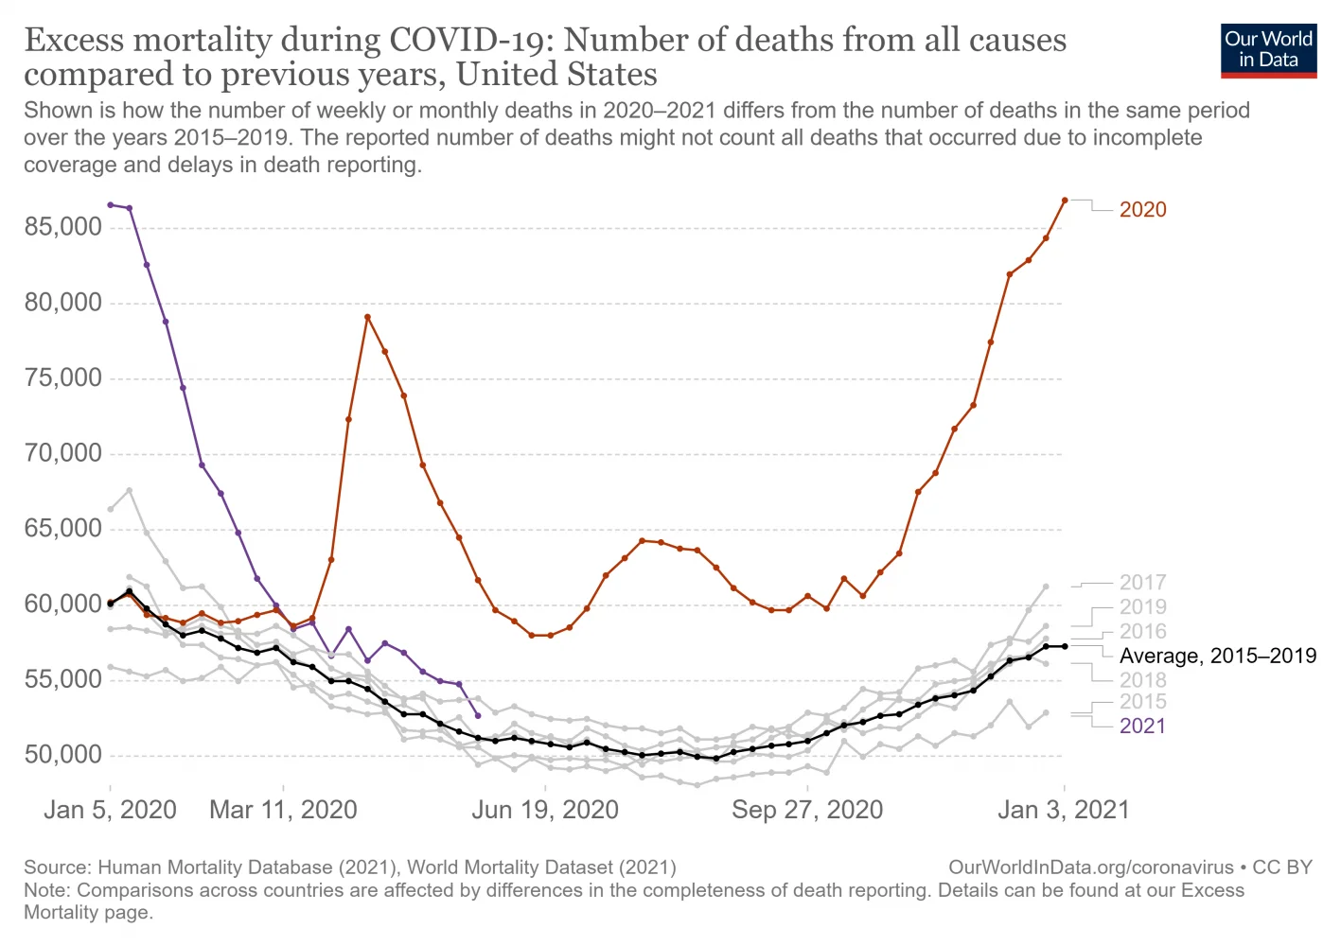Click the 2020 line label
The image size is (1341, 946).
[1142, 209]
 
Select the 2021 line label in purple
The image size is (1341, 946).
[1142, 726]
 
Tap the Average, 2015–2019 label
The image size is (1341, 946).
[1217, 656]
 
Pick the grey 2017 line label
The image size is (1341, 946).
[1142, 582]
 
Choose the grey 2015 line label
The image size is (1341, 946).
[1142, 701]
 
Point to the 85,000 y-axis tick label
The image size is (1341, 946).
[62, 227]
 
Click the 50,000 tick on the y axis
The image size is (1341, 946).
[62, 754]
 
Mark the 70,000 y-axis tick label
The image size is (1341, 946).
[62, 453]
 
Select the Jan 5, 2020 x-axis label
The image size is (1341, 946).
[110, 810]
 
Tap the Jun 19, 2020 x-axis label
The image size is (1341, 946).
[545, 810]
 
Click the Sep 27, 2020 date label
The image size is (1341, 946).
[807, 810]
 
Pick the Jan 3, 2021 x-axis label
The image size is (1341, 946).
[1064, 810]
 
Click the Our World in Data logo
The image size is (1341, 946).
[1268, 50]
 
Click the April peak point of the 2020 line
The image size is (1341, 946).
[367, 317]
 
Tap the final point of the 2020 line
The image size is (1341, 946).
[1065, 201]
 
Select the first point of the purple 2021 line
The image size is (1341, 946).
[111, 204]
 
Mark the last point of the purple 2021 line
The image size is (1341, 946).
[478, 715]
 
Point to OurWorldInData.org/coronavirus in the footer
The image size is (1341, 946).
[1090, 867]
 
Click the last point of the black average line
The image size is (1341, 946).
[1065, 646]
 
